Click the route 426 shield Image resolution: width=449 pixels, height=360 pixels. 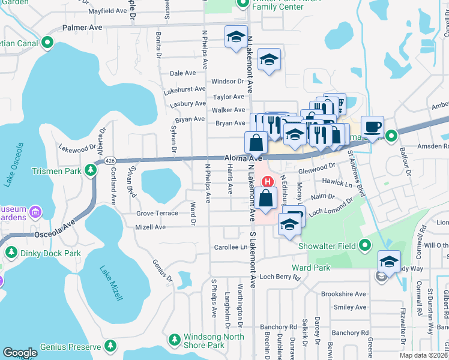click(x=109, y=161)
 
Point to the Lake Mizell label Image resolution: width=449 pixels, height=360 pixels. click(x=112, y=283)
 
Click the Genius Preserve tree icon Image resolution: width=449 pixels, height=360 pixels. click(x=110, y=346)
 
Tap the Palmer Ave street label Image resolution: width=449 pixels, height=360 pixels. click(x=83, y=28)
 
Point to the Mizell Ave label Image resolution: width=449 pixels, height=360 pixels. click(x=151, y=227)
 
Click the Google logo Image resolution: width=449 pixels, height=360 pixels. click(x=20, y=353)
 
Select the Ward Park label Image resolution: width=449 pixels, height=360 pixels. click(x=307, y=266)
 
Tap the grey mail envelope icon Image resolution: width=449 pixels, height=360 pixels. click(x=381, y=277)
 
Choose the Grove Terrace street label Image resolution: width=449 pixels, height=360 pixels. click(x=157, y=213)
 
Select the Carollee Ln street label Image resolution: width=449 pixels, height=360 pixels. click(x=231, y=247)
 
